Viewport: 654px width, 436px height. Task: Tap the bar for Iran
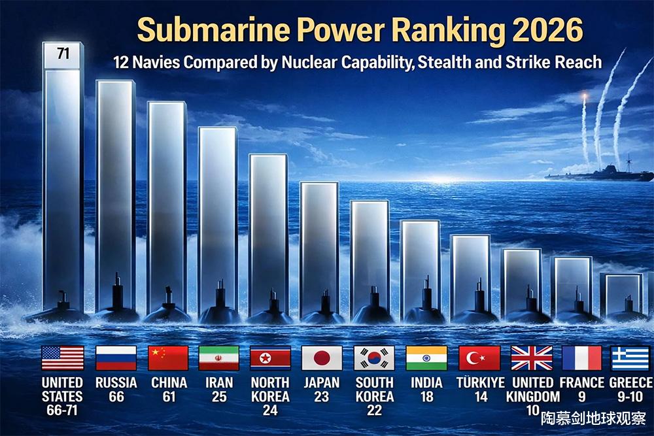click(218, 216)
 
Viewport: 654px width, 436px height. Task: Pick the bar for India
click(421, 261)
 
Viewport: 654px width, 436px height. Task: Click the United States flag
click(63, 358)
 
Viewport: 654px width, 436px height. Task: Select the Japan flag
click(322, 358)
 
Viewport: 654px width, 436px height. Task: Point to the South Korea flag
click(374, 358)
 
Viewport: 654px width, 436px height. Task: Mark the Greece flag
click(631, 358)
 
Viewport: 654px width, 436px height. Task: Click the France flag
click(581, 358)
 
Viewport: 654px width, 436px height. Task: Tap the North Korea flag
click(270, 358)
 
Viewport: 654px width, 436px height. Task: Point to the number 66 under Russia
click(116, 396)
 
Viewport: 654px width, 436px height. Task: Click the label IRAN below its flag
click(218, 382)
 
